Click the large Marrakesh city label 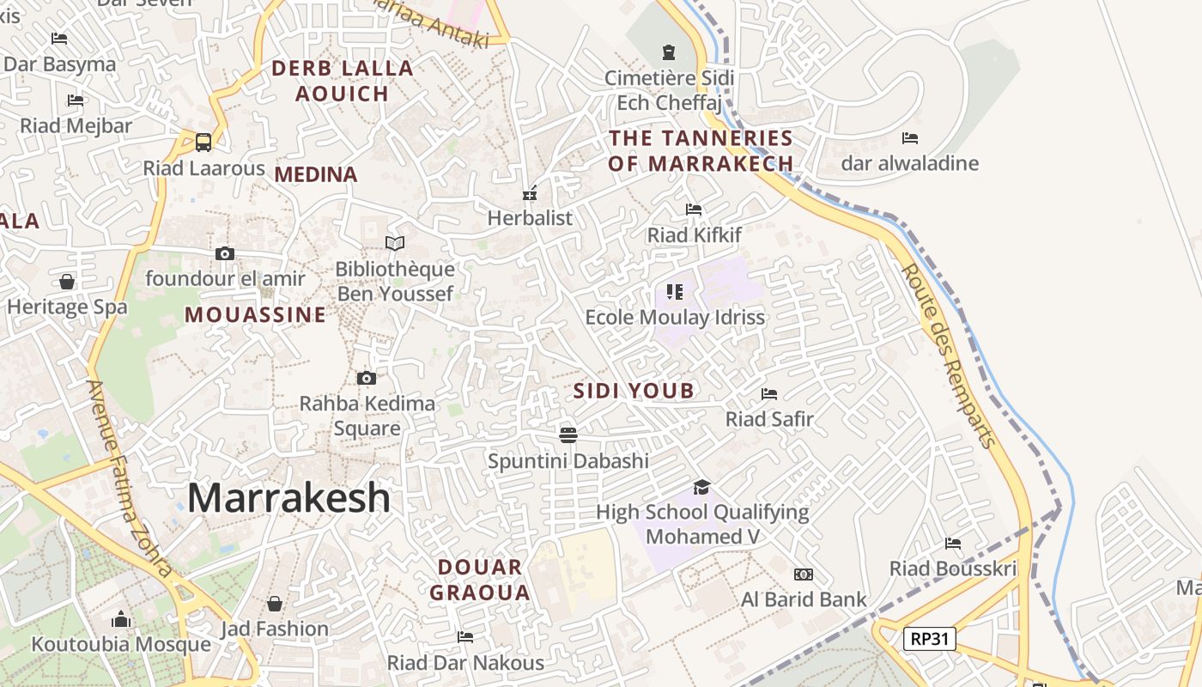tap(288, 498)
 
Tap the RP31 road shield tap(929, 638)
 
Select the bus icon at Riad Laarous tap(203, 142)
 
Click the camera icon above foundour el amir tap(225, 253)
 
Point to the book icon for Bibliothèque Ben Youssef tap(395, 244)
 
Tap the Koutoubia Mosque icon tap(121, 619)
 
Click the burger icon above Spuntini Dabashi tap(568, 435)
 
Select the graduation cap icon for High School tap(702, 487)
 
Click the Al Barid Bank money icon tap(804, 575)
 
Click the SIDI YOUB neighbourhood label tap(634, 392)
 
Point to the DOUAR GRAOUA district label tap(480, 580)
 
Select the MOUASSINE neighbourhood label tap(256, 315)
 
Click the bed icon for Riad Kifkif tap(694, 210)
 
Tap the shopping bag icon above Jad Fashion tap(275, 604)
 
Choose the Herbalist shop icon tap(531, 192)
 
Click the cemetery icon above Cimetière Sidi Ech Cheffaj tap(669, 52)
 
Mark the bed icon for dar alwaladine tap(910, 137)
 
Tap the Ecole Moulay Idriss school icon tap(675, 292)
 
